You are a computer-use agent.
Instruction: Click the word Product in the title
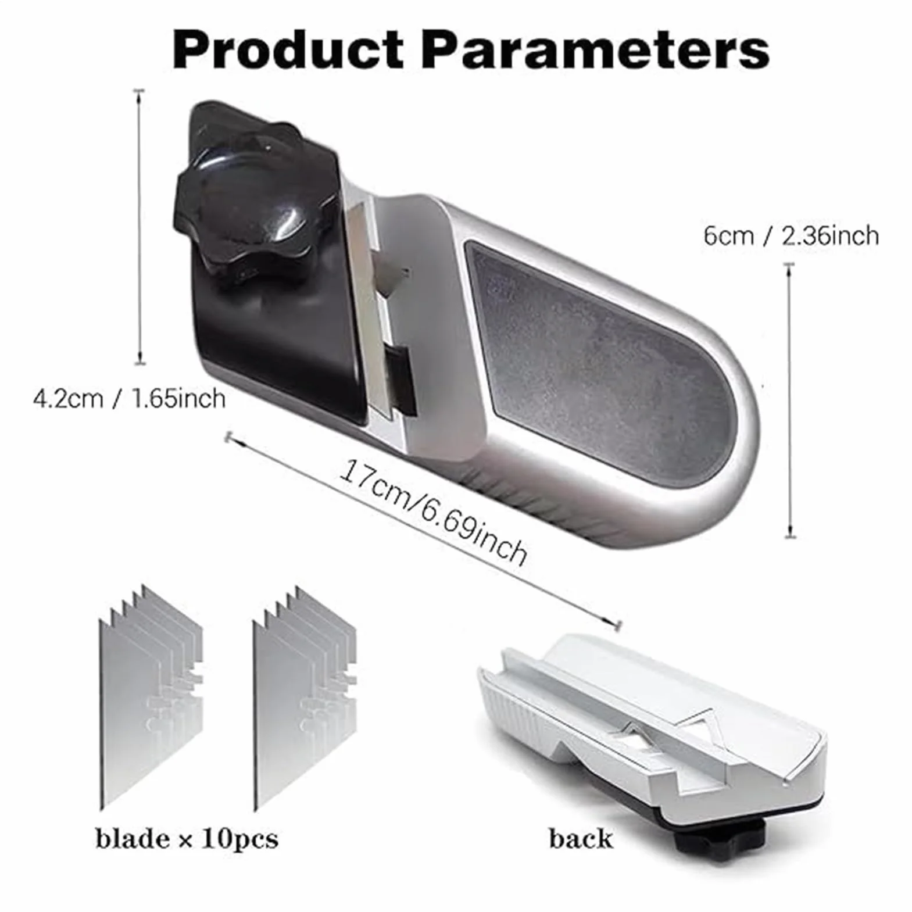click(x=288, y=50)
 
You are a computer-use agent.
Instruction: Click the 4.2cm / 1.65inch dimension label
click(x=129, y=399)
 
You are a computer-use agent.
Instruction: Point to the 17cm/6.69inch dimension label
click(x=434, y=512)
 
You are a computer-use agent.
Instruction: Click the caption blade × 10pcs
click(x=187, y=839)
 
